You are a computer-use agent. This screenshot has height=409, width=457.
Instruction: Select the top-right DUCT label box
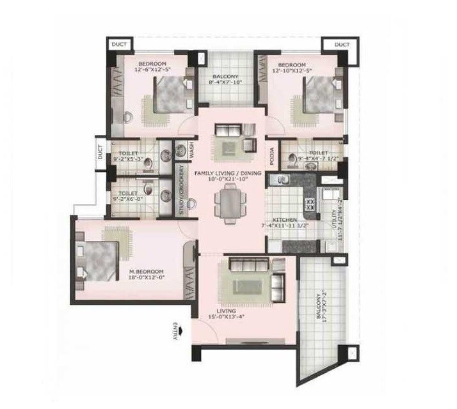pos(342,45)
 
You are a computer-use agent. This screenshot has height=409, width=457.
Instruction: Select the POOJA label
pos(271,157)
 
